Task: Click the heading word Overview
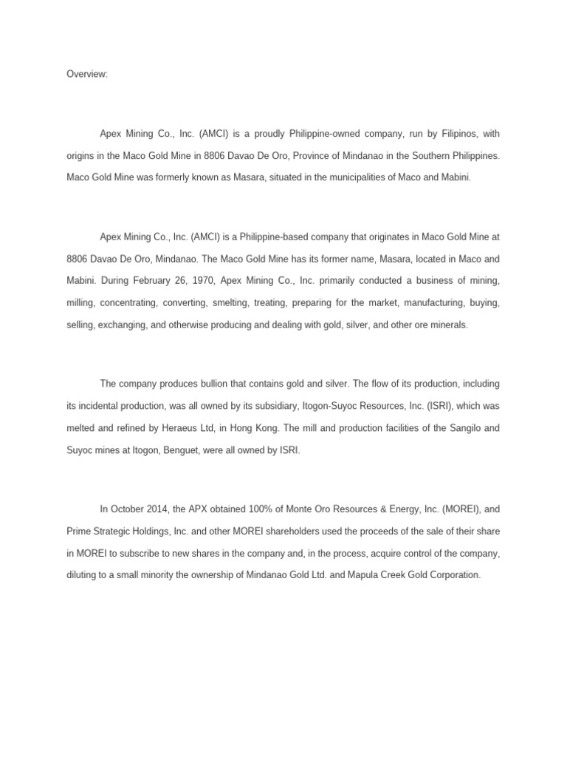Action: tap(86, 74)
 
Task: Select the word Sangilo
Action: tap(462, 427)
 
